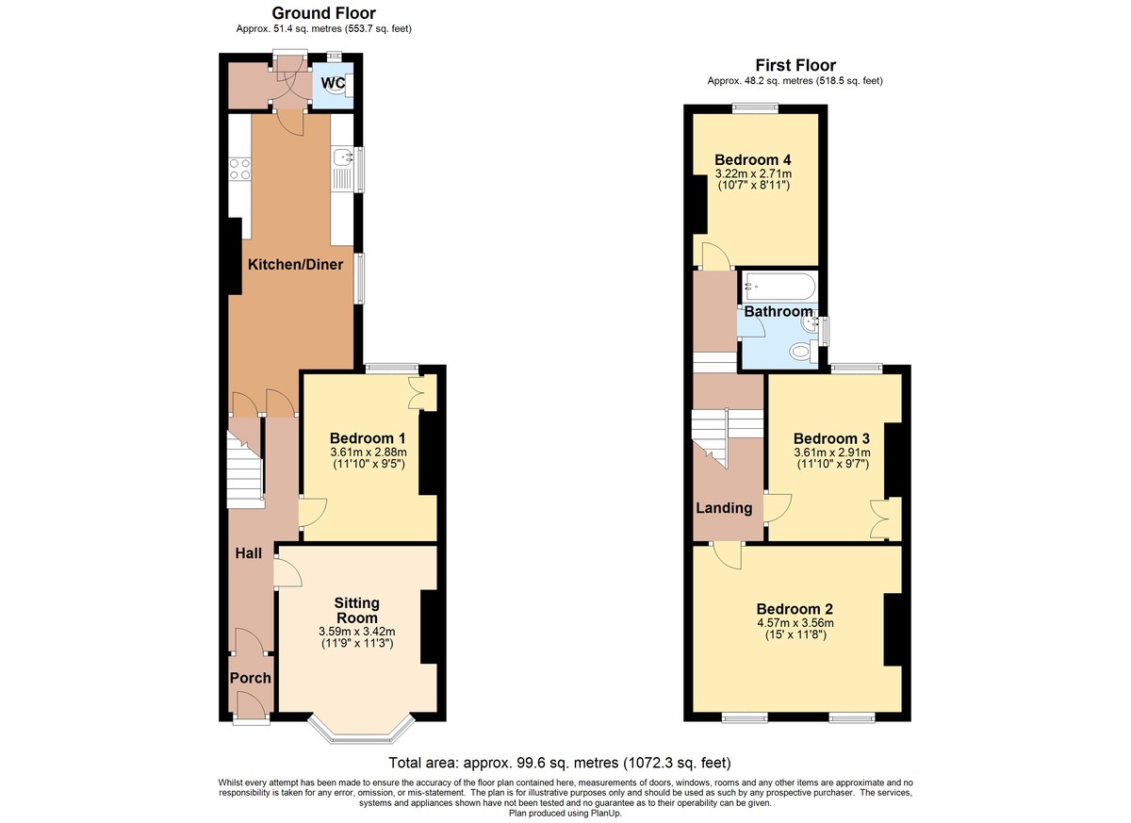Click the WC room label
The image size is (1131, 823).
(x=333, y=83)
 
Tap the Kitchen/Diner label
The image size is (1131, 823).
(x=295, y=264)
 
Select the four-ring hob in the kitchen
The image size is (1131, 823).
(x=239, y=169)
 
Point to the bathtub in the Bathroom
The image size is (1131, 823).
(x=779, y=287)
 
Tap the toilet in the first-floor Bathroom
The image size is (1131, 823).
(x=803, y=351)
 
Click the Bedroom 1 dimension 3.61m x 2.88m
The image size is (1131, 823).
(x=369, y=452)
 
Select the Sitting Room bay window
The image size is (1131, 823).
(x=362, y=730)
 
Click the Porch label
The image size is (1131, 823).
(x=251, y=678)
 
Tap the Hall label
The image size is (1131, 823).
(x=249, y=553)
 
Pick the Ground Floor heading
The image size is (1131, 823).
(x=323, y=12)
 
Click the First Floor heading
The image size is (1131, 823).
(x=795, y=65)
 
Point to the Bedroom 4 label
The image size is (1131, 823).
(x=753, y=160)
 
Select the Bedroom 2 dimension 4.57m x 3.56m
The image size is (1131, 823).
(x=795, y=622)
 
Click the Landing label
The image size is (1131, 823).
(x=724, y=508)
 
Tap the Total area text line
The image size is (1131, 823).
(x=560, y=762)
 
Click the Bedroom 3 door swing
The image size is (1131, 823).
(x=778, y=507)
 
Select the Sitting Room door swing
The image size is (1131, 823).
(x=287, y=572)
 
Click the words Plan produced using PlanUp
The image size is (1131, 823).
(x=565, y=814)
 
